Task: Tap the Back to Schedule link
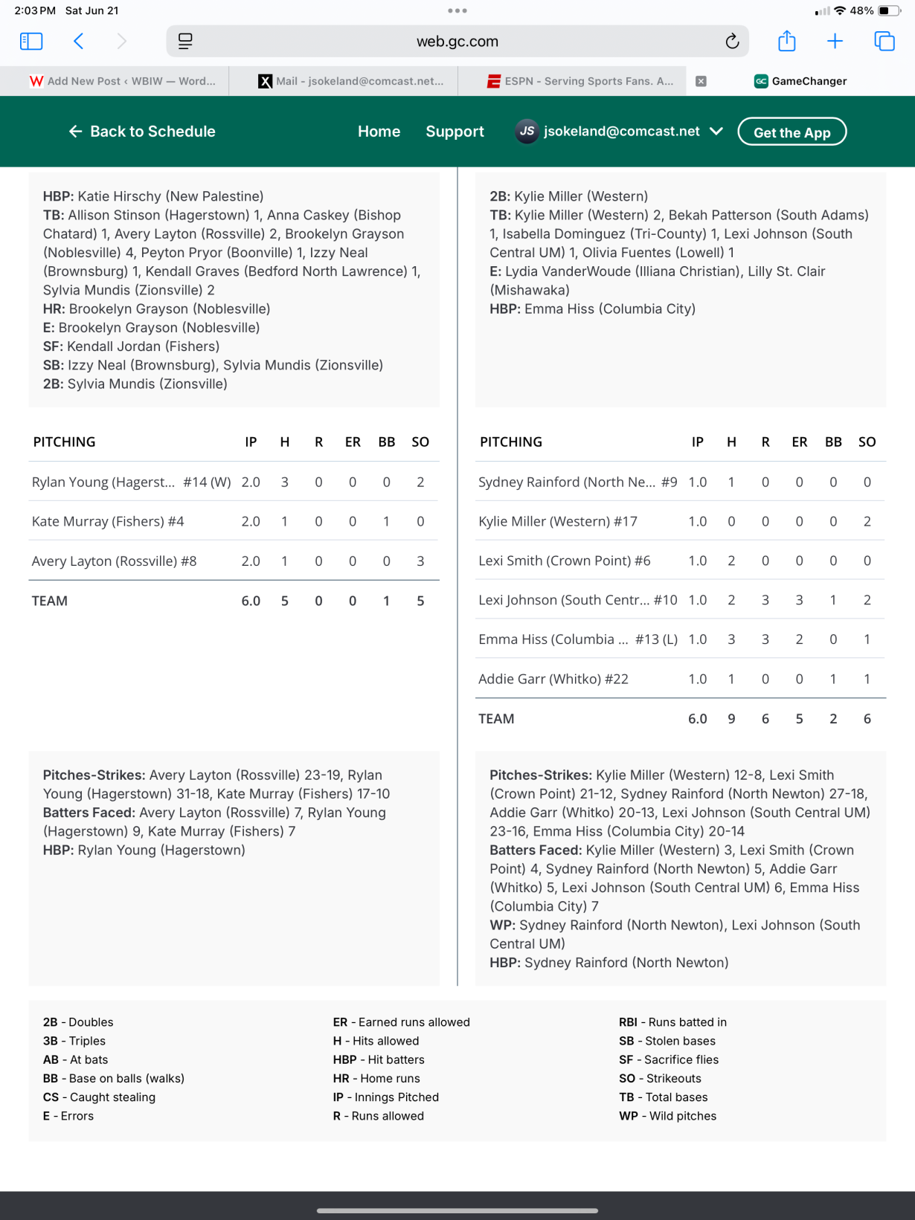(142, 132)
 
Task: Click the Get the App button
(792, 132)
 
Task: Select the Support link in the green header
(455, 132)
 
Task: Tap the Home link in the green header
(379, 132)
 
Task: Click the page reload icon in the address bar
(732, 42)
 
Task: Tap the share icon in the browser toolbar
(786, 42)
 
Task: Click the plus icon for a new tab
(835, 42)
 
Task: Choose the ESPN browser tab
(580, 81)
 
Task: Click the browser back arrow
(79, 42)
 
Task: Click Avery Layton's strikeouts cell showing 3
(420, 561)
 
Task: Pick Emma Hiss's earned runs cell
(799, 639)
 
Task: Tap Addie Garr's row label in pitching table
(553, 679)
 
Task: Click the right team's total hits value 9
(731, 719)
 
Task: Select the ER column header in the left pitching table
(353, 442)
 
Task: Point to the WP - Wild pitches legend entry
(667, 1116)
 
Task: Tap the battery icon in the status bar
(888, 11)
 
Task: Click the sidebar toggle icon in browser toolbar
(31, 42)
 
